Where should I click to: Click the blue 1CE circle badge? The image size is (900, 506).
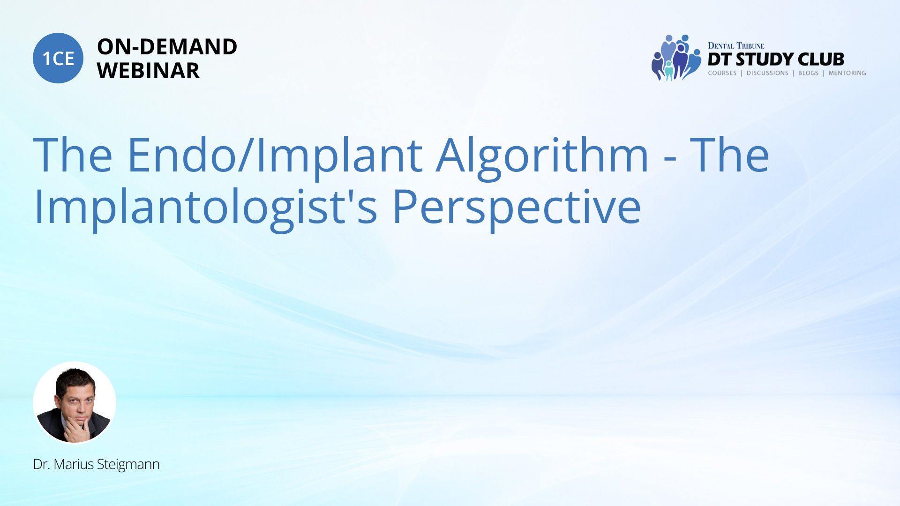(58, 58)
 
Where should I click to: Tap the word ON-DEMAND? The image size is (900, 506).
(167, 47)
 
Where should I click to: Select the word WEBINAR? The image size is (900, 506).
(148, 71)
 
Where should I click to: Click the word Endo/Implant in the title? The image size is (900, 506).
(275, 155)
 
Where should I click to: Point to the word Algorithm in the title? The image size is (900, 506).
(542, 155)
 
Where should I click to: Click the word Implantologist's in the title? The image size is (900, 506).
(205, 207)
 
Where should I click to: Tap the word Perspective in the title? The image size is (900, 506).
(517, 207)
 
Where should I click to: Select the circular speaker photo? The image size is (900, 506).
(75, 402)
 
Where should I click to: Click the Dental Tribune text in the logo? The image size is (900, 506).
(736, 46)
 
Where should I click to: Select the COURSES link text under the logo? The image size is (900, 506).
(722, 73)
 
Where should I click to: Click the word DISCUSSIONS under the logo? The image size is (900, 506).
(767, 73)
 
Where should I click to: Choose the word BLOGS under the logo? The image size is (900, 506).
(808, 73)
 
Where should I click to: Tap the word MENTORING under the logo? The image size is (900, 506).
(847, 73)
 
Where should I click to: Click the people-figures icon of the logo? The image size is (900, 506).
(676, 58)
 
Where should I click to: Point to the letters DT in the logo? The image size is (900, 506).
(720, 60)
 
